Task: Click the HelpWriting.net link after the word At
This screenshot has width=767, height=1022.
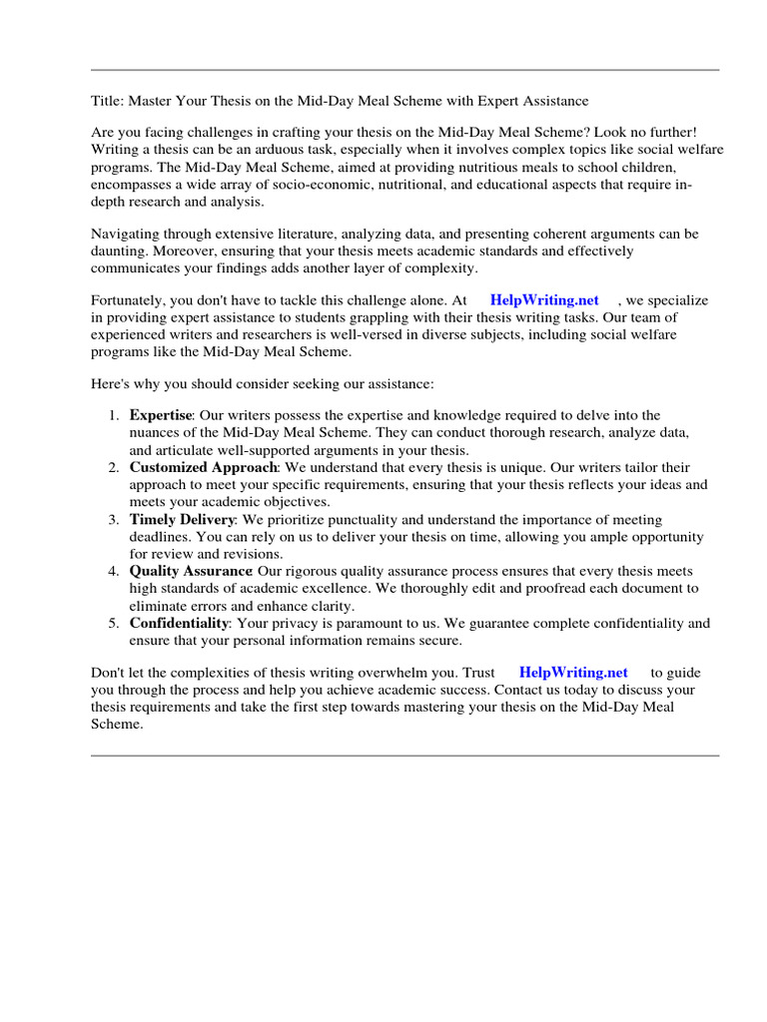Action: coord(544,299)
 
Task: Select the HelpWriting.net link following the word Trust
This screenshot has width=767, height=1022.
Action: coord(573,673)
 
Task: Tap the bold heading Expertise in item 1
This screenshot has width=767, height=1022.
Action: coord(159,415)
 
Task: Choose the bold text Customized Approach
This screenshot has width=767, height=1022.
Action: coord(202,467)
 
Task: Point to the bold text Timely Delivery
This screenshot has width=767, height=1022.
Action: coord(182,519)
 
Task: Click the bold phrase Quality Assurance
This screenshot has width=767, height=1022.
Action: coord(190,571)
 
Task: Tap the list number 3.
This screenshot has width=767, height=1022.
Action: coord(114,519)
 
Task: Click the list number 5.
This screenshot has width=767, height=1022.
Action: coord(114,623)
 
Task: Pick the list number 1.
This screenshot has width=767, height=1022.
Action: coord(114,415)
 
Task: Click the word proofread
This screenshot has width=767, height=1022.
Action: coord(548,589)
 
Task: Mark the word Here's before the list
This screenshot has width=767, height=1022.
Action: coord(111,384)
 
